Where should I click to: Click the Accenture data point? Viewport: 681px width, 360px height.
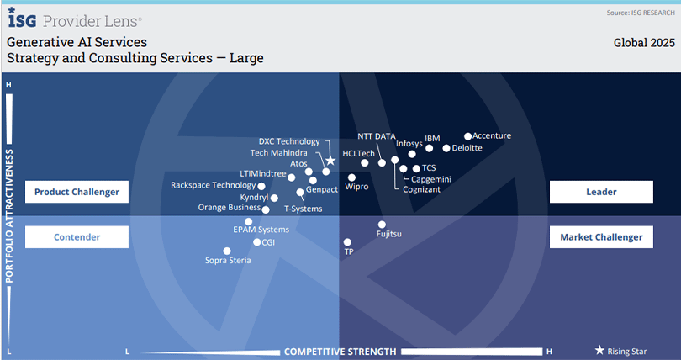468,135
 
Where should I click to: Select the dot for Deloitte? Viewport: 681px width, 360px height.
446,148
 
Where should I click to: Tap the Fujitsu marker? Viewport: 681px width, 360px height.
382,225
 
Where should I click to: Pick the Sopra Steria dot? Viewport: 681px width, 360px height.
226,251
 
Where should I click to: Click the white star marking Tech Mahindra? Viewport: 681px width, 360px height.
330,161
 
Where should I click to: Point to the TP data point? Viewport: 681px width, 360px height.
347,242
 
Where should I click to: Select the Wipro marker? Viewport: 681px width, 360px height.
351,177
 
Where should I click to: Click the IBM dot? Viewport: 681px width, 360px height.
430,148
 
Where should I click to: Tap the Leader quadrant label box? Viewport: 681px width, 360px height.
601,192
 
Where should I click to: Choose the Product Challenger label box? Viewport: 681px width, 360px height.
77,192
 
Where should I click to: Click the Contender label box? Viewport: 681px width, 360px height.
77,237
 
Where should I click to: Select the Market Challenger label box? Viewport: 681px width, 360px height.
601,237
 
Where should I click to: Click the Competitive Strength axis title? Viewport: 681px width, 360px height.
340,351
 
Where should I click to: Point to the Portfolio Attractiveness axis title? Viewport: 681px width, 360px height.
9,216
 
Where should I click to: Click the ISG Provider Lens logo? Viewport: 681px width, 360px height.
75,18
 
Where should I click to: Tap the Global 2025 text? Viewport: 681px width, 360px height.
643,42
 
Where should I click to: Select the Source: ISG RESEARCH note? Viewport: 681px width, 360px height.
640,13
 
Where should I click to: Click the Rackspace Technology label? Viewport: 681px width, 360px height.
213,185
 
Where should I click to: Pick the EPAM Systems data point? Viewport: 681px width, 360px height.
248,222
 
